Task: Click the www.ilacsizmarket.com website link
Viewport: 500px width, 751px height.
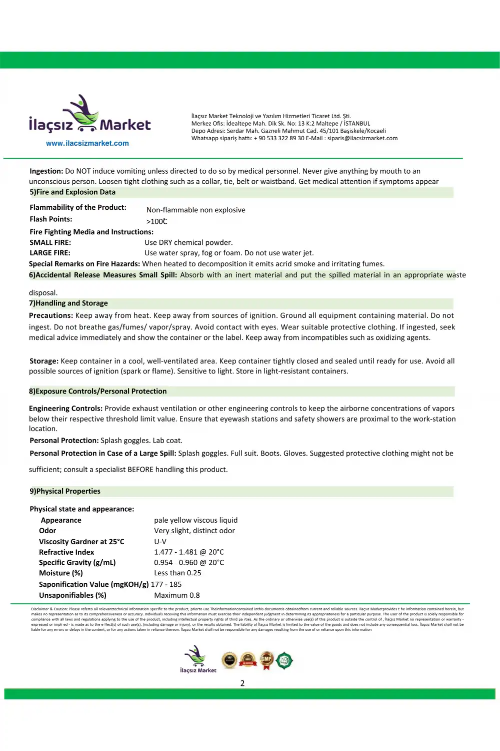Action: point(87,143)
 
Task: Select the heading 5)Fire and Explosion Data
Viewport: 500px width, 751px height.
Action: point(72,192)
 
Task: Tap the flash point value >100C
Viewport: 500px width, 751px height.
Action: point(156,221)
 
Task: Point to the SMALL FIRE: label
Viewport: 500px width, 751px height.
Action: point(50,242)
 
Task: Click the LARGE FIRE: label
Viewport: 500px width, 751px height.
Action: point(50,253)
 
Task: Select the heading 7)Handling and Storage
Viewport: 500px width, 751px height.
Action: point(68,303)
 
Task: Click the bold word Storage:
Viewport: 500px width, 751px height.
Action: point(43,361)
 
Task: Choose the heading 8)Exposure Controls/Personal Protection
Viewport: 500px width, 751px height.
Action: point(98,392)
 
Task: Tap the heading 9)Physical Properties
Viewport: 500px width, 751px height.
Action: point(65,491)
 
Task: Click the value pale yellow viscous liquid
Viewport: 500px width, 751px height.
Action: point(195,520)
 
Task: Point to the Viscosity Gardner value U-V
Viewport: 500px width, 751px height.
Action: point(160,541)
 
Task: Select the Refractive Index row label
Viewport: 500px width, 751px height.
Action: point(66,552)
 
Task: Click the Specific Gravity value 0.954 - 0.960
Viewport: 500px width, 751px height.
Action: point(189,562)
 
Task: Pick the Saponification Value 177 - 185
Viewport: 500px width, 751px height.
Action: point(166,584)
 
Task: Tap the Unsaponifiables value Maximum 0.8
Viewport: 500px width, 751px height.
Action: point(176,595)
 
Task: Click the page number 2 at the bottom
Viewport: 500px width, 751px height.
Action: point(242,683)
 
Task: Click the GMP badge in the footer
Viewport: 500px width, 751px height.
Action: point(266,660)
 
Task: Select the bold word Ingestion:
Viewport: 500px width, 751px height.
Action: point(46,171)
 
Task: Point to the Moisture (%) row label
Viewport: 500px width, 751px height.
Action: point(61,573)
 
